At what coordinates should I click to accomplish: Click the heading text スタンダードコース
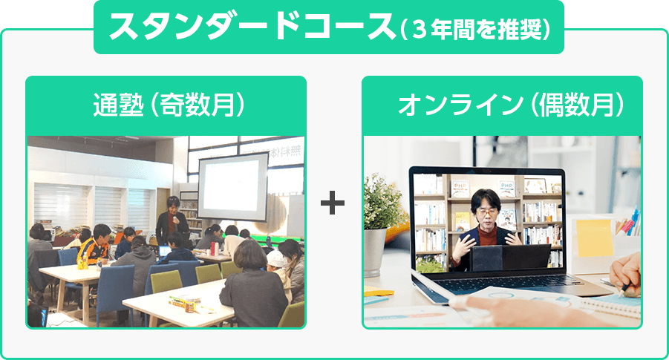click(x=252, y=27)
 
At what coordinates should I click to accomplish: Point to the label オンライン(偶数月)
click(x=511, y=105)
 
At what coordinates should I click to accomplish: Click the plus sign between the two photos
click(x=333, y=203)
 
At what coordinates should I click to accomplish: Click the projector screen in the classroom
click(x=232, y=187)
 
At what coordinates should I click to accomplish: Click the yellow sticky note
click(x=594, y=238)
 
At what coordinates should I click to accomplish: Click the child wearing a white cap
click(x=278, y=272)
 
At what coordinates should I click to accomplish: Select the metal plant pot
click(x=376, y=252)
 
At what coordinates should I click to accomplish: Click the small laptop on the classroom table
click(x=165, y=250)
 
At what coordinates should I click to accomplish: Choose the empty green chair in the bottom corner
click(x=293, y=315)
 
